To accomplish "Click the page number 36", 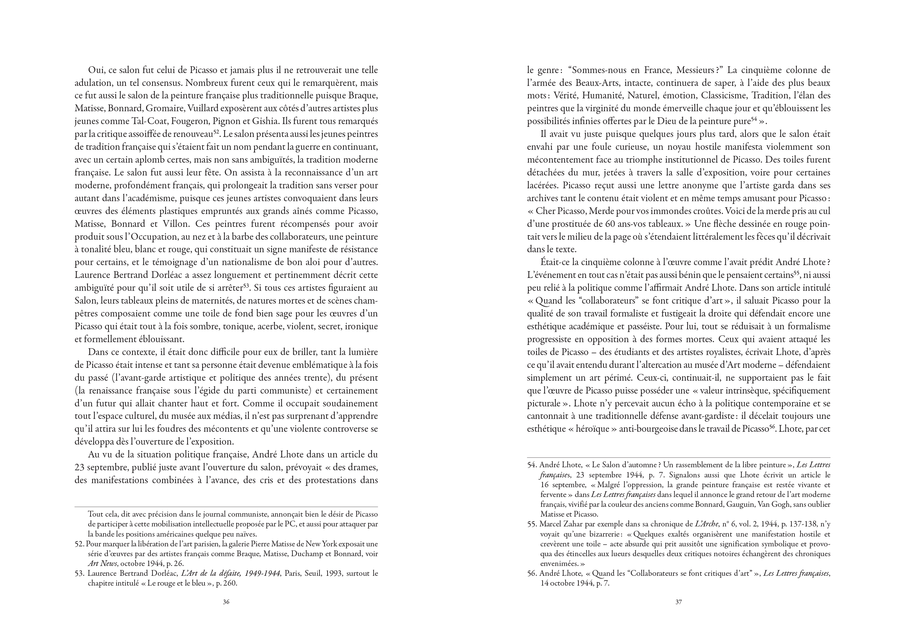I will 226,602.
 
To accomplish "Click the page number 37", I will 678,602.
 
